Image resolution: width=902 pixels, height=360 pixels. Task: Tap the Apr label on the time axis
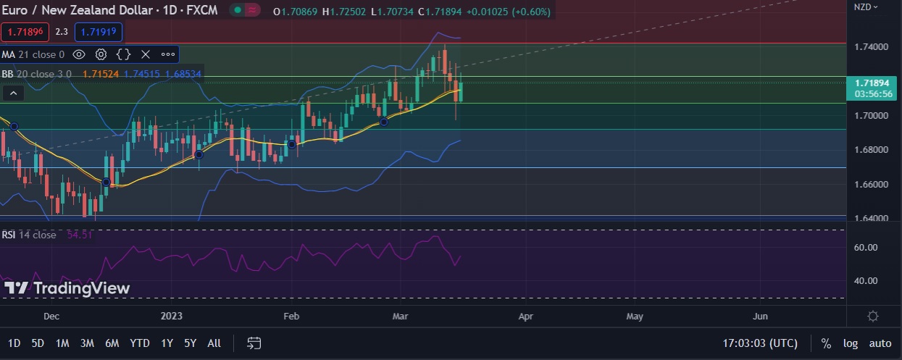point(526,317)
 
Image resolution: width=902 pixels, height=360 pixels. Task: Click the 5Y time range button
point(190,343)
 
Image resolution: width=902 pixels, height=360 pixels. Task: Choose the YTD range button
point(140,343)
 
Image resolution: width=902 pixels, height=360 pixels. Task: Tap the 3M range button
point(87,343)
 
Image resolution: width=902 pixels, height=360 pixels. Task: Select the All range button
point(214,343)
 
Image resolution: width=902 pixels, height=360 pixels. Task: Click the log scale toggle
point(850,343)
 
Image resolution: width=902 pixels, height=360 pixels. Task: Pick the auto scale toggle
point(880,343)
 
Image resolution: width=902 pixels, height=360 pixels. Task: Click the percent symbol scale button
point(826,343)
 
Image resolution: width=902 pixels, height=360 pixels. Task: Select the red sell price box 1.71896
point(25,32)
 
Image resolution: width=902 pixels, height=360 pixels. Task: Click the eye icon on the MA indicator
point(79,54)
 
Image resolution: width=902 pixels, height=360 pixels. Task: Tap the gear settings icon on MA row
point(101,54)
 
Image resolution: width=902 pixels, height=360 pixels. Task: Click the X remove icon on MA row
point(145,54)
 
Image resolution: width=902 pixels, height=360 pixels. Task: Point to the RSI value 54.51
point(80,235)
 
